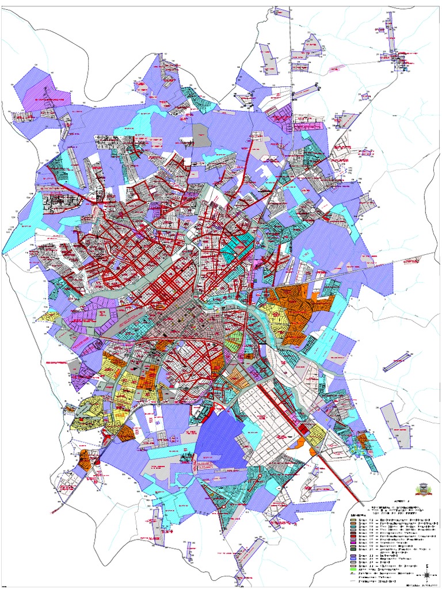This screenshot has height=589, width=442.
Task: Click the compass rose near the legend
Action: pyautogui.click(x=427, y=573)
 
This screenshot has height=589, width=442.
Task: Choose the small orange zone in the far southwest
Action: pyautogui.click(x=85, y=460)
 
